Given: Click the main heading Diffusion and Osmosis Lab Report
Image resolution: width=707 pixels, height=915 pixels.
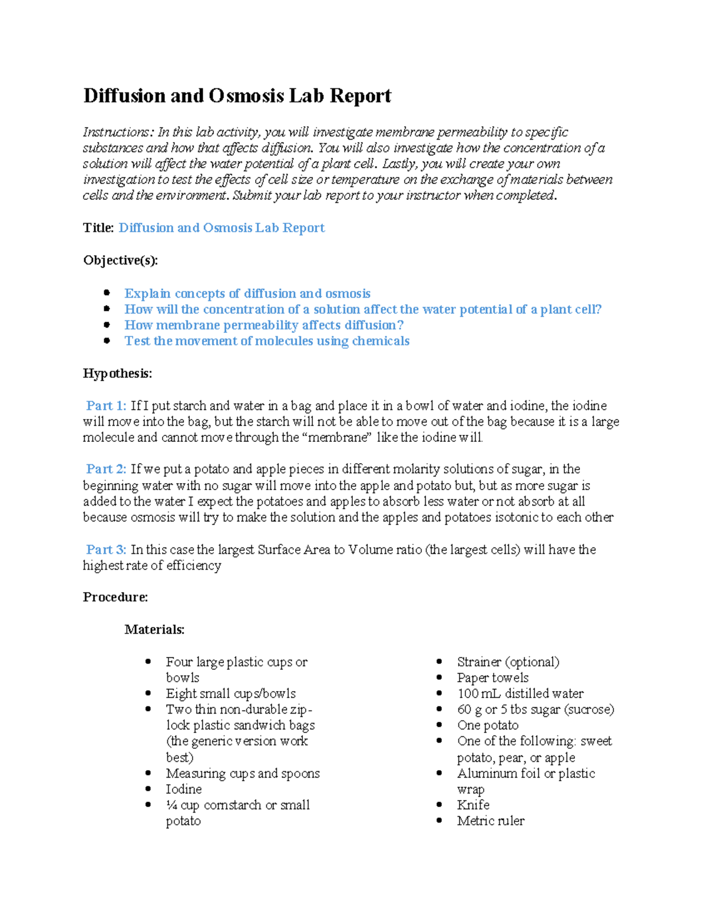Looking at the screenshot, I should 237,95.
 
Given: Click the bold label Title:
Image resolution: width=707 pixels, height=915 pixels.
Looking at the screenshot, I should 98,228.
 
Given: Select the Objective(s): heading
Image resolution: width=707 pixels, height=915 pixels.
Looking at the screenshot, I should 120,260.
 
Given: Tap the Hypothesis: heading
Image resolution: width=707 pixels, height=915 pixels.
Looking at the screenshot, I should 117,374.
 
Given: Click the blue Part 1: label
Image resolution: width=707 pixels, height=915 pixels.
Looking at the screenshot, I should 106,406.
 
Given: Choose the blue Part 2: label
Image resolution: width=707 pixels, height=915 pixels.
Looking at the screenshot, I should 106,470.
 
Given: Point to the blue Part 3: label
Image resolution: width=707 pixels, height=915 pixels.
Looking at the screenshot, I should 106,550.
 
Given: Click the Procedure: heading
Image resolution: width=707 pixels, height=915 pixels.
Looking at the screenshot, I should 115,597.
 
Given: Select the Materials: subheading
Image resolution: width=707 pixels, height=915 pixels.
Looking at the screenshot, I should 154,630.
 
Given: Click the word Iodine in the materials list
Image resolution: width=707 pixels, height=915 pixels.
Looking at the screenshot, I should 183,790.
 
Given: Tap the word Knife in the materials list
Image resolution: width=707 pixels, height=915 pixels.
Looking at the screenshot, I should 473,805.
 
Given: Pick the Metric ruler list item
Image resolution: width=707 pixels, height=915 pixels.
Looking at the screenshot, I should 490,821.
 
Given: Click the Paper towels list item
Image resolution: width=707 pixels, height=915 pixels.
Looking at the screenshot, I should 493,678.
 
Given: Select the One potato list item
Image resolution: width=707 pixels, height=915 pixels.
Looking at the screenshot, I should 488,726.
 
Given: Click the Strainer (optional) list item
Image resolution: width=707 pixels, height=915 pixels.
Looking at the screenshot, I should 508,662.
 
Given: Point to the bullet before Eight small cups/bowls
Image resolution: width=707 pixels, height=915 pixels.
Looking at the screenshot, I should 148,693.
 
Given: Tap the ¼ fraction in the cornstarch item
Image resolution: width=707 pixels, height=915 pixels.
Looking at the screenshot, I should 171,805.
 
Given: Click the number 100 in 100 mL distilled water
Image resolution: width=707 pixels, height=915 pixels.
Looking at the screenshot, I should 467,694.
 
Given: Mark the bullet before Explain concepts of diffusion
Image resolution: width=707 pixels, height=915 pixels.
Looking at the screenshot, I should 107,293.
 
